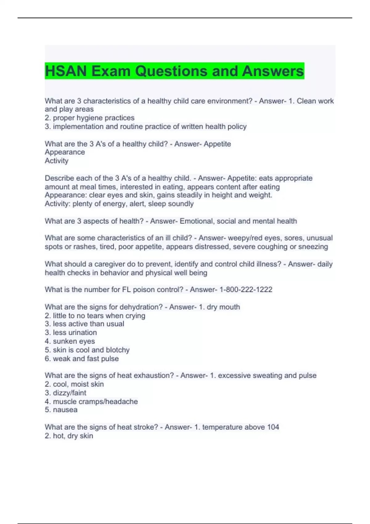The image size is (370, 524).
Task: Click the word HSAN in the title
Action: pyautogui.click(x=66, y=71)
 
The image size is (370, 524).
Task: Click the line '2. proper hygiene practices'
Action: pyautogui.click(x=89, y=118)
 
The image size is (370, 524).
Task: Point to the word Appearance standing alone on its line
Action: pyautogui.click(x=65, y=152)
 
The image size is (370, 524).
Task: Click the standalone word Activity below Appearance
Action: pyautogui.click(x=56, y=161)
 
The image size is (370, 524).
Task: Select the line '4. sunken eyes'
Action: pyautogui.click(x=70, y=341)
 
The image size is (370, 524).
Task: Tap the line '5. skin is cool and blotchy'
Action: pyautogui.click(x=87, y=350)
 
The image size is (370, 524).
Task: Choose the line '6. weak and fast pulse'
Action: pyautogui.click(x=82, y=358)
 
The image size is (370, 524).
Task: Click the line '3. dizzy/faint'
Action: pyautogui.click(x=65, y=393)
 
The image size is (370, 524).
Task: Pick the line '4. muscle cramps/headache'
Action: pyautogui.click(x=91, y=401)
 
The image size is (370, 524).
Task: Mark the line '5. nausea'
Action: pyautogui.click(x=61, y=410)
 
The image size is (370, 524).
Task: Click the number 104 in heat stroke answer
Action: pyautogui.click(x=273, y=427)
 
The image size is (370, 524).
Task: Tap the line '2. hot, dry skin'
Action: pyautogui.click(x=69, y=436)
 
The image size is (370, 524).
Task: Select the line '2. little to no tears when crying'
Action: pyautogui.click(x=95, y=316)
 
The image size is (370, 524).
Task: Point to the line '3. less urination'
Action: pyautogui.click(x=71, y=333)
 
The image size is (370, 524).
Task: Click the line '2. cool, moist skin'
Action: pyautogui.click(x=74, y=384)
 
